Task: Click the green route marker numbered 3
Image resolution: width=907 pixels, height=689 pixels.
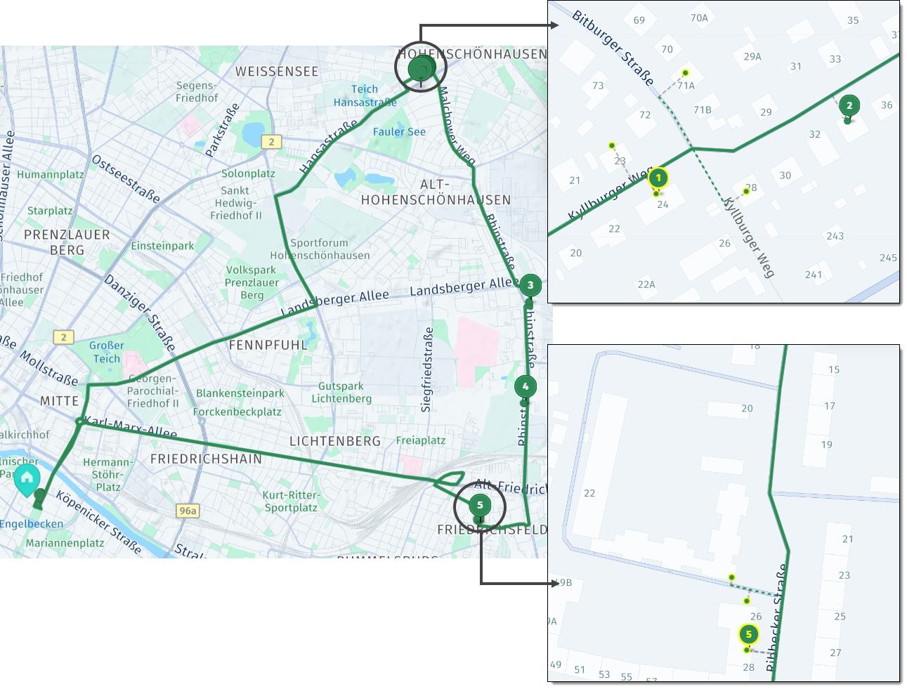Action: (x=530, y=285)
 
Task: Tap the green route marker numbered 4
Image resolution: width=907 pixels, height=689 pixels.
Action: (x=525, y=386)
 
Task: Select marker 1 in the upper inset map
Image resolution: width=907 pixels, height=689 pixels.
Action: (x=658, y=178)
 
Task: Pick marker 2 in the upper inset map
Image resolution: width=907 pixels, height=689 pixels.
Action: (x=849, y=105)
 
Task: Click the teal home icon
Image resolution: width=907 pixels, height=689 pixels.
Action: (x=27, y=479)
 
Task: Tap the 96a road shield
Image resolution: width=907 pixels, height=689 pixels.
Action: (x=188, y=511)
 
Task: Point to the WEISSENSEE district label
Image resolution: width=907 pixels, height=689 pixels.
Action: (x=277, y=72)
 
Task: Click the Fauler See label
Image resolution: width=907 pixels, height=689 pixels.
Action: (x=399, y=132)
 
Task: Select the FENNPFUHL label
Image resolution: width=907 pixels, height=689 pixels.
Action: (x=268, y=345)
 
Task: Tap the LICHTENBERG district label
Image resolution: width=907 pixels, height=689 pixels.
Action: (x=335, y=441)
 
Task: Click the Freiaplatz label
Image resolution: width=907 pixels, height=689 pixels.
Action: (x=421, y=440)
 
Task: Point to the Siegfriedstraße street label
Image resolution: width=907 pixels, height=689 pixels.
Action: (x=427, y=369)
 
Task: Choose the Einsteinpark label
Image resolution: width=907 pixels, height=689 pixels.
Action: (x=162, y=246)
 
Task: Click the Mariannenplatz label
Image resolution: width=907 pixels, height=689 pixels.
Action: (x=65, y=543)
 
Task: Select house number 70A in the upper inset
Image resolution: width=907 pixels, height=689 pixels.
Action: (x=699, y=18)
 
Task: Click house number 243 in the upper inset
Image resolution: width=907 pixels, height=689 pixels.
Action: (x=835, y=236)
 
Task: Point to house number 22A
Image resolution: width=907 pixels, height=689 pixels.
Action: (x=646, y=284)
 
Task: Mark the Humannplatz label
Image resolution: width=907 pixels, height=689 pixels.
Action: (x=51, y=174)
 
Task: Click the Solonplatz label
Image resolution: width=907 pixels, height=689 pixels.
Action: (x=248, y=173)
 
